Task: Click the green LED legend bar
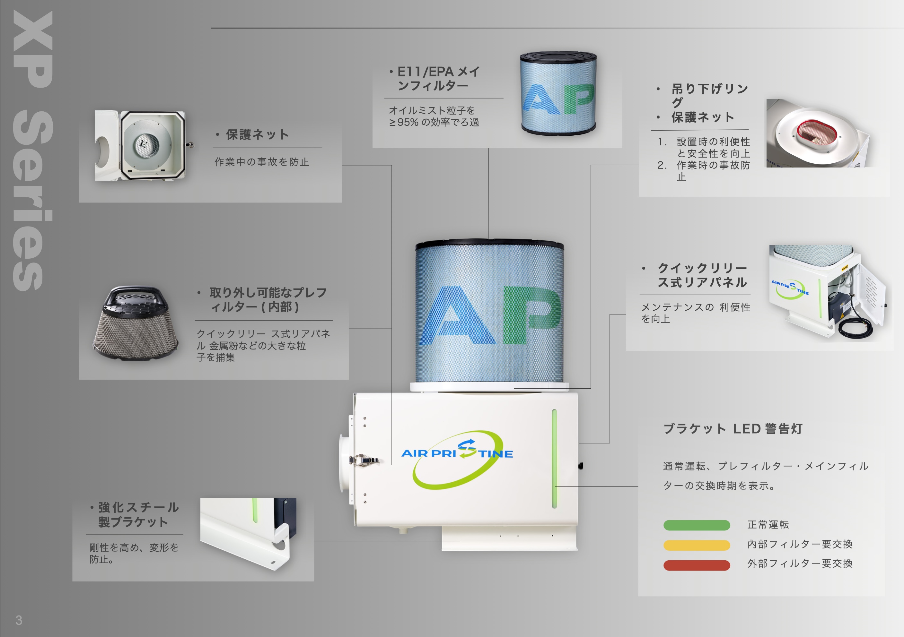[x=696, y=525]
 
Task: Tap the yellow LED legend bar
[x=696, y=545]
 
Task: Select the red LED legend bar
[x=696, y=565]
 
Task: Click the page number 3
[x=19, y=620]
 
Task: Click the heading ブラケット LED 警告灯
[x=732, y=428]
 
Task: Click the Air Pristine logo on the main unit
[x=457, y=456]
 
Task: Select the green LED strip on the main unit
[x=554, y=458]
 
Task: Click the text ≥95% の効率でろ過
[x=434, y=122]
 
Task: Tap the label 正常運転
[x=768, y=524]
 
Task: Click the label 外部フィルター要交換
[x=800, y=564]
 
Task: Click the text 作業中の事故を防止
[x=262, y=162]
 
